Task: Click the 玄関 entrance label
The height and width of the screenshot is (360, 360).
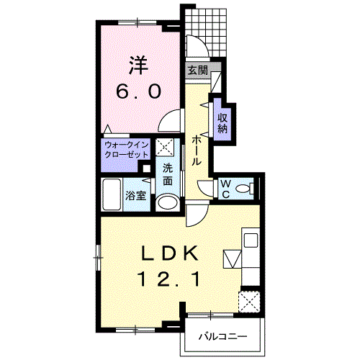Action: click(x=198, y=70)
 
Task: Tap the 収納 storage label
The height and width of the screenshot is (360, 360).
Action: click(x=222, y=123)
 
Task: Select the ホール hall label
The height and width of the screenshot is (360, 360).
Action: click(x=197, y=150)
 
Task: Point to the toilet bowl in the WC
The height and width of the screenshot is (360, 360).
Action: click(x=243, y=189)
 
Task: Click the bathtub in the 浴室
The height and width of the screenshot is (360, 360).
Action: click(x=112, y=194)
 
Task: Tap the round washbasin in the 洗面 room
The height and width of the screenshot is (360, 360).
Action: click(x=167, y=203)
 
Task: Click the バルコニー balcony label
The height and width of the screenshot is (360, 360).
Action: click(x=222, y=337)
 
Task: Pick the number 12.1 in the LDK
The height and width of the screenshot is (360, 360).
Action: click(x=169, y=279)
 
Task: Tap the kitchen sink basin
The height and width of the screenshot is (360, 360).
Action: click(x=251, y=240)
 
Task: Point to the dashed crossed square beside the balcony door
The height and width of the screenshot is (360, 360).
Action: click(x=249, y=302)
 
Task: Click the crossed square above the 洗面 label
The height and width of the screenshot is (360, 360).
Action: click(x=164, y=147)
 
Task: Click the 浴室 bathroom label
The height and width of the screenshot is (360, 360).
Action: click(x=136, y=196)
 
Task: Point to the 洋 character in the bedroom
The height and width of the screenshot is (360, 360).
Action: click(x=139, y=65)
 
